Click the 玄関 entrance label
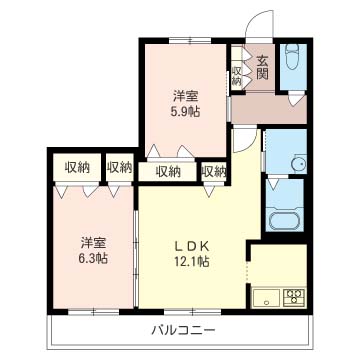pos(262,67)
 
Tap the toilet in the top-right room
pos(293,60)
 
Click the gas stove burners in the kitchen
pos(295,295)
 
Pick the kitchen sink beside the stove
pos(267,295)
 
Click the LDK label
pos(193,245)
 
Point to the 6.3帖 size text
pos(94,258)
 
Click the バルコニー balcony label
pos(180,329)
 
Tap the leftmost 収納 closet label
pos(77,168)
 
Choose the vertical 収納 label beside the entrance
pos(237,74)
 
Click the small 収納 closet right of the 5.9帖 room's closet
pos(213,171)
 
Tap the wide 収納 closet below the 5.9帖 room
pos(168,171)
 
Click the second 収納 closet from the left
pos(119,168)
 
